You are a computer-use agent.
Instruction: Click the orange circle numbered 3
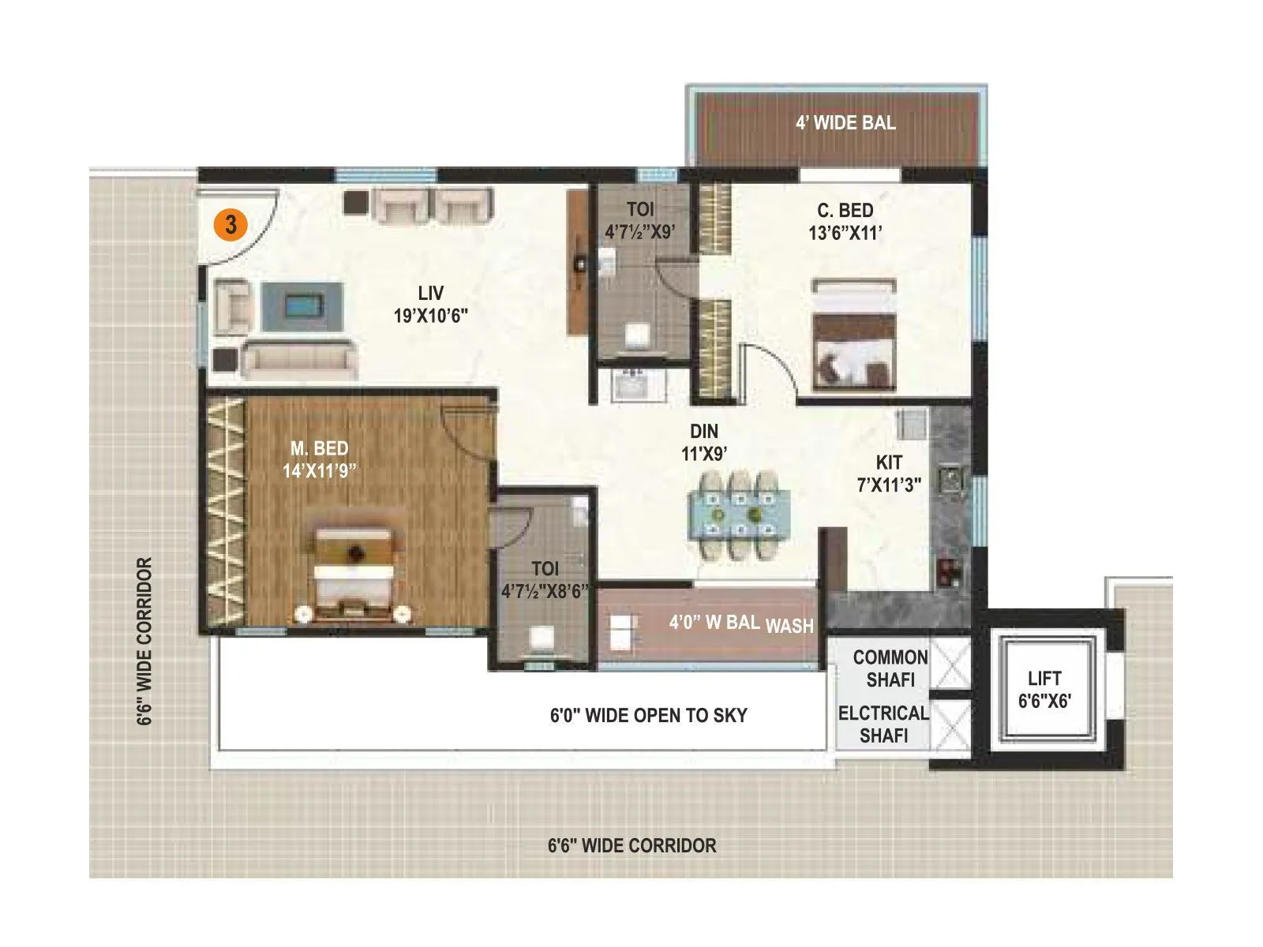tap(230, 225)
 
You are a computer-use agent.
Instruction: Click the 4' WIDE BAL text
tap(845, 122)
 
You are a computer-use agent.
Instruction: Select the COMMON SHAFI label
tap(890, 668)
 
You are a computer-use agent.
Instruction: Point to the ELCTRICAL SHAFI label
tap(883, 724)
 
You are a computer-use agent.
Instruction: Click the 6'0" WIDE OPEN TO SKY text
tap(648, 715)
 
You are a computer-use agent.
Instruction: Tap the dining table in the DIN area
tap(740, 515)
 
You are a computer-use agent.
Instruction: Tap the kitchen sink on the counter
tap(950, 480)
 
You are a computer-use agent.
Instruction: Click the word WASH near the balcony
tap(789, 626)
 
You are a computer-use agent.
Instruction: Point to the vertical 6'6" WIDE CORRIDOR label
tap(144, 641)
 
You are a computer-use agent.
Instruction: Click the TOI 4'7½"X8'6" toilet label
tap(545, 580)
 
